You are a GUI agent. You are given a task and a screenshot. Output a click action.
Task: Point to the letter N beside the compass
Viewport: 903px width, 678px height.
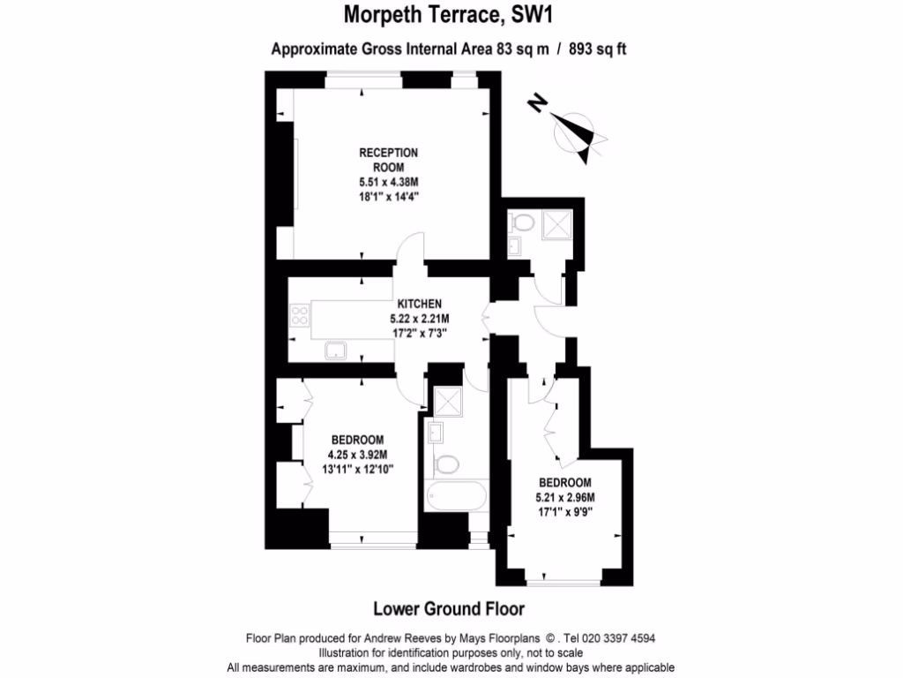point(535,103)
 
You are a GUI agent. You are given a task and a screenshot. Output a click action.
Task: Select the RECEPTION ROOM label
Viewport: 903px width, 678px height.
point(388,160)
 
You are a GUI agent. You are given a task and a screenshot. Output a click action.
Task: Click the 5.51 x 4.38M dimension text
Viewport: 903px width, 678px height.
point(388,183)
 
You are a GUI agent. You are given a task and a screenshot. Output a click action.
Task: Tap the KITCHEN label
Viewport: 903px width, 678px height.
point(419,304)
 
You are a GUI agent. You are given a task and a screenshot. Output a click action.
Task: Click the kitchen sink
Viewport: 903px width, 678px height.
point(336,351)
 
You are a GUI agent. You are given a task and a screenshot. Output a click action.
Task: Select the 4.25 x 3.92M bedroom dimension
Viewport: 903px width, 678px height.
point(357,456)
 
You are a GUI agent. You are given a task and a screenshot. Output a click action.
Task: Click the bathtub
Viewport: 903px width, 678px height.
point(454,495)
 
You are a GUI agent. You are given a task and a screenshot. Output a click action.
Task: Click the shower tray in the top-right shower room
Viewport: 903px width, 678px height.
point(557,223)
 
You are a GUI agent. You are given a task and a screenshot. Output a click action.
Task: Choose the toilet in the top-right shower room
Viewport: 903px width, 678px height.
point(519,222)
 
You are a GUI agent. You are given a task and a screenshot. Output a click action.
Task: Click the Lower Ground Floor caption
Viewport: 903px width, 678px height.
point(449,609)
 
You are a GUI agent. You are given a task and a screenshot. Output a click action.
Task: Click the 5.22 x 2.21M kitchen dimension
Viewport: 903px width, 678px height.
point(419,319)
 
